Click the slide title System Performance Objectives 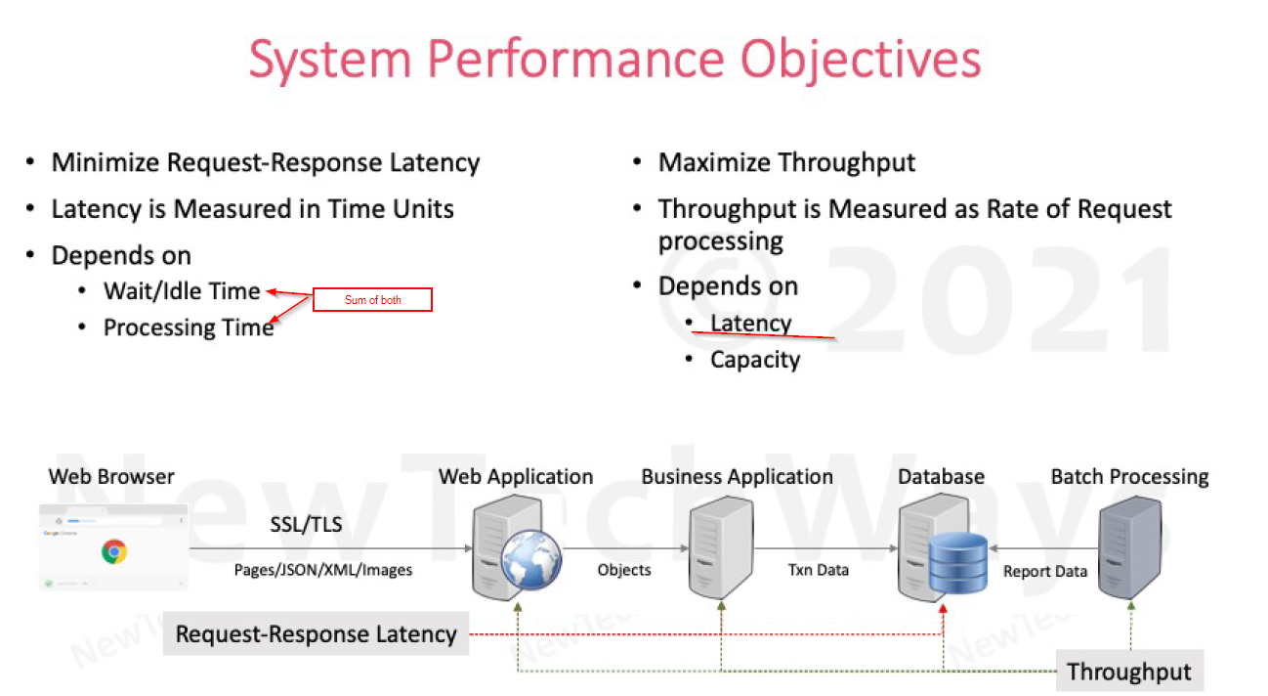(614, 60)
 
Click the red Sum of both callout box (372, 299)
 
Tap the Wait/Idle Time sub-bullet (182, 290)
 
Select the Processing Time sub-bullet (188, 327)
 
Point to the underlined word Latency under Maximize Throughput (750, 324)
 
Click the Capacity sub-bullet (755, 360)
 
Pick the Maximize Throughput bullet (786, 162)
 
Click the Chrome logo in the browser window (114, 552)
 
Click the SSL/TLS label (306, 525)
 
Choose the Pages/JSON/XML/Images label (322, 570)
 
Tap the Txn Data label (819, 570)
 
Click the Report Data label (1045, 571)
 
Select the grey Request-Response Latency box (316, 633)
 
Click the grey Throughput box (1129, 672)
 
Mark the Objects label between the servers (624, 570)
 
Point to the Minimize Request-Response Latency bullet (265, 162)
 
